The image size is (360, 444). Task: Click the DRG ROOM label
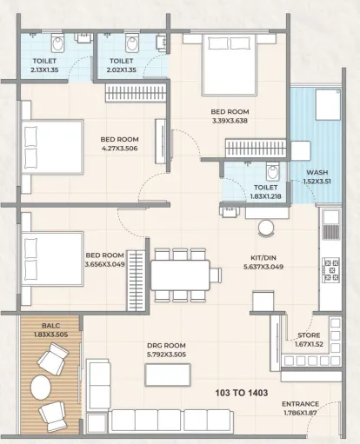point(166,345)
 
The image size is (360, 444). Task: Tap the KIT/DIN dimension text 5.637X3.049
point(263,267)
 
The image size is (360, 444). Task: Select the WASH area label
point(317,172)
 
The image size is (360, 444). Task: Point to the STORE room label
point(309,335)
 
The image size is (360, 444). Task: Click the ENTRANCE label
point(300,404)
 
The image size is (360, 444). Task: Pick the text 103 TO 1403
point(242,393)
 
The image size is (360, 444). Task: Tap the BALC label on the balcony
point(50,326)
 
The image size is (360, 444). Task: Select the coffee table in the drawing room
point(168,374)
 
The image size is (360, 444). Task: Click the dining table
point(180,275)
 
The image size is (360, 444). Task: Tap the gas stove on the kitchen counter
point(330,270)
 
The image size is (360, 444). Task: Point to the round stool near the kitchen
point(266,229)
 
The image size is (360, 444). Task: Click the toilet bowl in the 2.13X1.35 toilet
point(57,43)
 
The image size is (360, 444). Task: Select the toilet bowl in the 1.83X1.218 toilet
point(273,171)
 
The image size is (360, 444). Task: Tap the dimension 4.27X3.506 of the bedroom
point(120,149)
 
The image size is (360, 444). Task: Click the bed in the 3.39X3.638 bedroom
point(230,64)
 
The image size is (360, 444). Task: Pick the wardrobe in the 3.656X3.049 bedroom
point(136,281)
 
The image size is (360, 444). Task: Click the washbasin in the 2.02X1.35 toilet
point(162,43)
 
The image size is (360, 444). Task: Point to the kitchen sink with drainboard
point(330,225)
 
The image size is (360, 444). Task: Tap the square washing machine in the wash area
point(328,104)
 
